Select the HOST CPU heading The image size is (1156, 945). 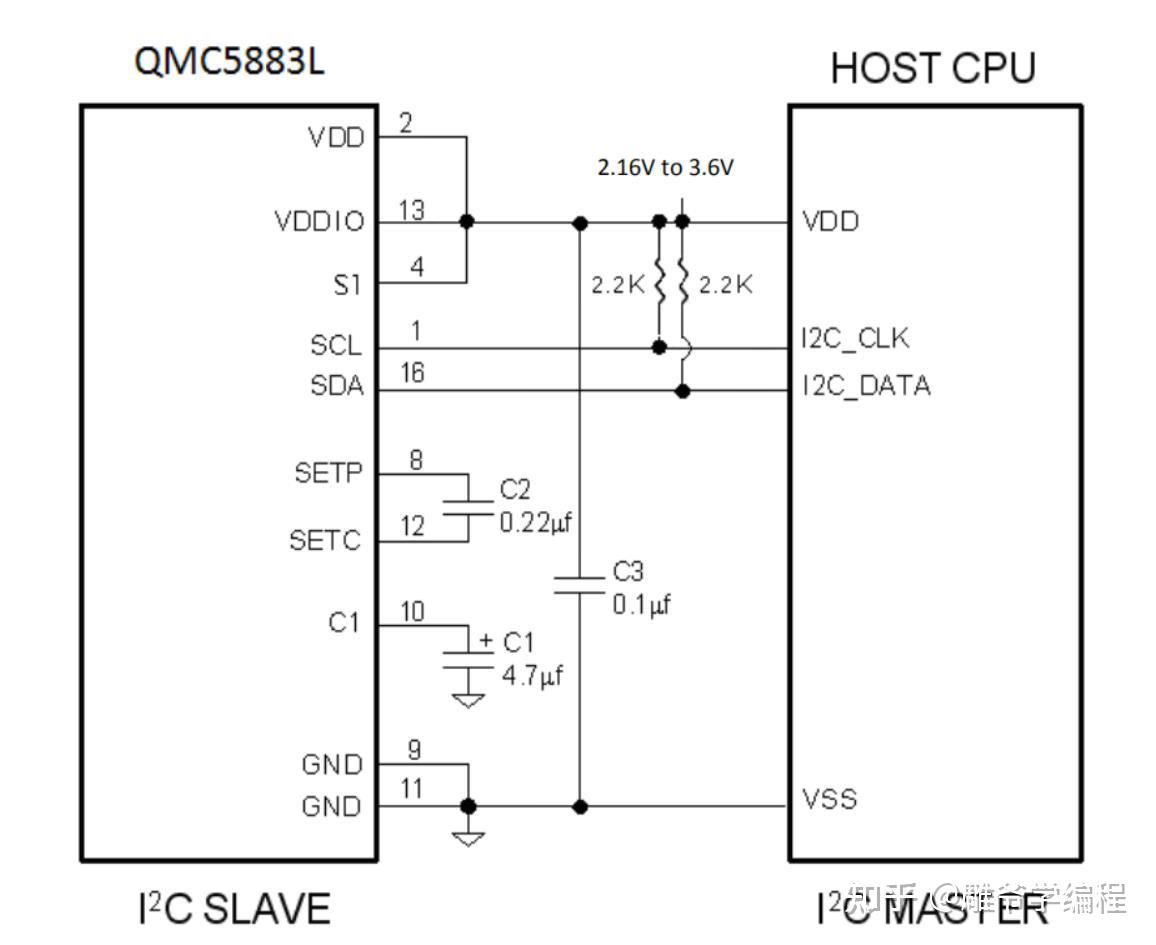click(x=932, y=68)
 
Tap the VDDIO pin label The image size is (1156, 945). click(x=319, y=222)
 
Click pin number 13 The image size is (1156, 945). click(x=410, y=210)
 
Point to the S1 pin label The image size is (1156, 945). click(x=346, y=285)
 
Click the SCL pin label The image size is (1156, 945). click(x=336, y=347)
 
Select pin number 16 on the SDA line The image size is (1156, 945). click(x=411, y=373)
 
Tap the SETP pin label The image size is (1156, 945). click(x=328, y=472)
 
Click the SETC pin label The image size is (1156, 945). click(x=325, y=541)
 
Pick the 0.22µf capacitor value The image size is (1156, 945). click(x=540, y=522)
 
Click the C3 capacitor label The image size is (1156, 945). click(x=628, y=572)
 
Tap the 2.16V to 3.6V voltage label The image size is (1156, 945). click(x=665, y=168)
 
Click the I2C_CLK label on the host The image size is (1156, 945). click(x=855, y=339)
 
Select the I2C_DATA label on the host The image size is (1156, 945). click(x=866, y=385)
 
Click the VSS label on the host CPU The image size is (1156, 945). click(x=829, y=799)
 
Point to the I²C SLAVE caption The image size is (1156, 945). click(x=233, y=909)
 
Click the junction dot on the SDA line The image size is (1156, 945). click(x=683, y=391)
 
